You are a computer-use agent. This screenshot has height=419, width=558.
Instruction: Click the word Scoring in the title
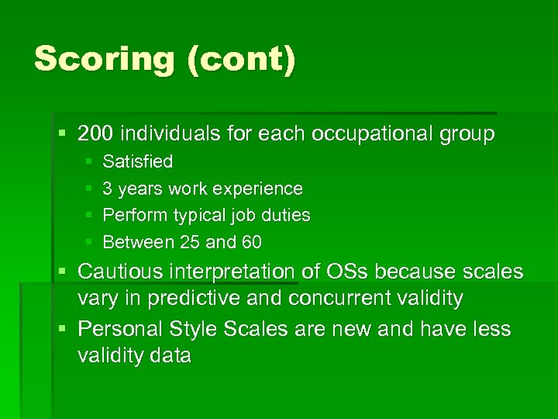click(105, 59)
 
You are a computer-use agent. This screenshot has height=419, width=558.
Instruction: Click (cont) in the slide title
click(241, 59)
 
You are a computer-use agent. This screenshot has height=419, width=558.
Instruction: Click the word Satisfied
click(138, 162)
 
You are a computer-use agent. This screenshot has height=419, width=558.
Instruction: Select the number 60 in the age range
click(251, 242)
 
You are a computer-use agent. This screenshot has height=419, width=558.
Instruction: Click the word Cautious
click(122, 272)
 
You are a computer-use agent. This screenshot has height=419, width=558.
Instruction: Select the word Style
click(193, 329)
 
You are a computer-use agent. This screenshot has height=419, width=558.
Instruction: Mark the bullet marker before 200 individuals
click(62, 133)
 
